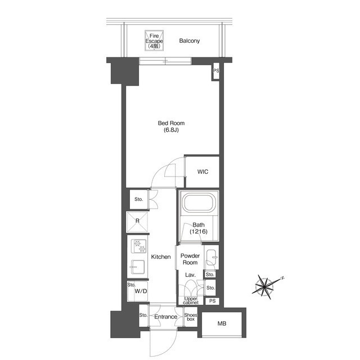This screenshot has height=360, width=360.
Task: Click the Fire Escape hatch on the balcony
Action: coord(154,40)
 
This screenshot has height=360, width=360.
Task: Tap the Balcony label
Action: coord(190,41)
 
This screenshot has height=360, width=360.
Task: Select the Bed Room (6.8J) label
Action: coord(171,127)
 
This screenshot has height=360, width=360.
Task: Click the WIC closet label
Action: coord(202,172)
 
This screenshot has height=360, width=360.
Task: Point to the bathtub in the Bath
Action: coord(199,202)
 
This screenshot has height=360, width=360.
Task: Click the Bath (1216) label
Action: coord(199,228)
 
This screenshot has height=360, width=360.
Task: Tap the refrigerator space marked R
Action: coord(137,222)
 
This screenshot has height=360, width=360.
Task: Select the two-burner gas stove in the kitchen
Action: coord(139,246)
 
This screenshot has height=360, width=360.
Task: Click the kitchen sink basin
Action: coord(138,267)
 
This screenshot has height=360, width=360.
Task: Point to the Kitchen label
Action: coord(161,257)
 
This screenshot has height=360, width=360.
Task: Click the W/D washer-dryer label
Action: coord(141,291)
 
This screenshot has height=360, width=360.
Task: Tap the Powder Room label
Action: coord(190,259)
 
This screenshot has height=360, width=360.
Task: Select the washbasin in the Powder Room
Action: coord(211,257)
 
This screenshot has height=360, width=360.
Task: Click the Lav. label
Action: coord(190,275)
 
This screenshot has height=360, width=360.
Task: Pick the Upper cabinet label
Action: coord(191,301)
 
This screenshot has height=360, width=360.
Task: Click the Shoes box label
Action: coord(191,317)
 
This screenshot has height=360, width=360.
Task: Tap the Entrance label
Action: coord(166,317)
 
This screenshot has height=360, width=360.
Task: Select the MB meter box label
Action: coord(222,324)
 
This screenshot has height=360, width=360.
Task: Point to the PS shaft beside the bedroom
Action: coord(216,72)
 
